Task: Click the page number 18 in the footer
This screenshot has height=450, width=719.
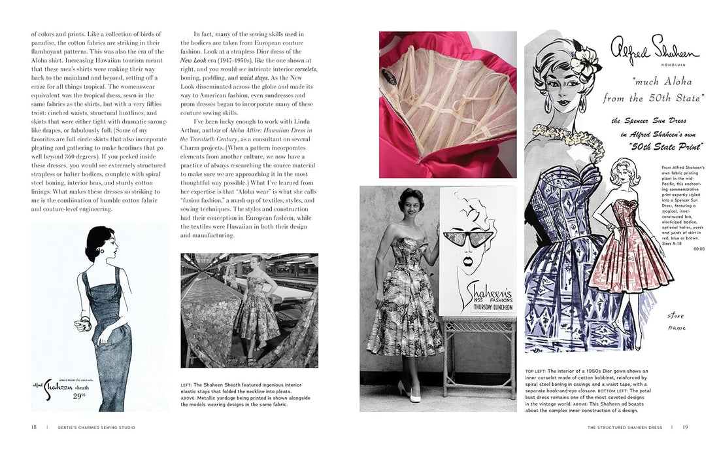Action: point(33,428)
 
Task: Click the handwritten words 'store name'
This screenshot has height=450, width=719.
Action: point(677,320)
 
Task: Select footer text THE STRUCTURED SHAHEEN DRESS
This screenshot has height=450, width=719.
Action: point(625,428)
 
